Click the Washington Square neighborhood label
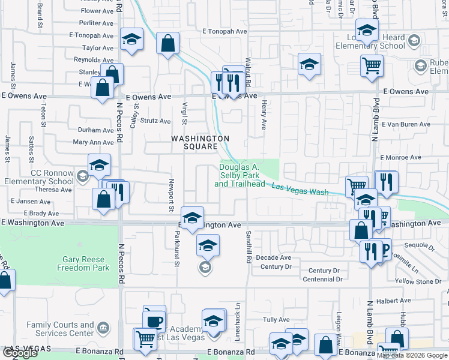(x=200, y=142)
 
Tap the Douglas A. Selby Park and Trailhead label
(x=240, y=175)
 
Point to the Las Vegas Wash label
(x=300, y=189)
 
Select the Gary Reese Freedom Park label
(x=86, y=263)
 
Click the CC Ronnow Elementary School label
(x=37, y=176)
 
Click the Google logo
(x=20, y=353)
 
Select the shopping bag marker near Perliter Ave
(x=167, y=43)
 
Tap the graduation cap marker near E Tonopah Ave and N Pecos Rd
(x=131, y=40)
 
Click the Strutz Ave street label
(x=155, y=121)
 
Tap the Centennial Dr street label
(x=322, y=279)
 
